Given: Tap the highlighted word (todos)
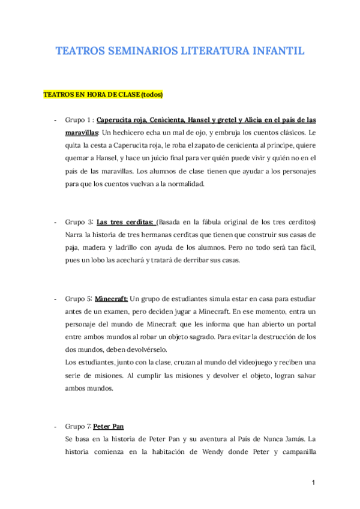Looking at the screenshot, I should click(152, 95).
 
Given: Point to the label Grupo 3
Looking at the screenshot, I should click(78, 221).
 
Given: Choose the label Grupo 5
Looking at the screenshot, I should click(78, 298).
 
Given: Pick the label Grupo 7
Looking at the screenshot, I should click(78, 426).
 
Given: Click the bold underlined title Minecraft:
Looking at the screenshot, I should click(112, 298).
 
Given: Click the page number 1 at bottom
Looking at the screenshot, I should click(313, 483).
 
